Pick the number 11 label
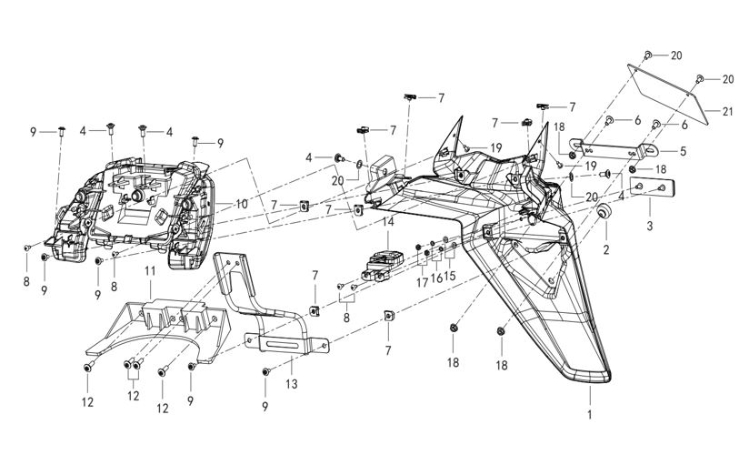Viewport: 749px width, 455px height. point(151,270)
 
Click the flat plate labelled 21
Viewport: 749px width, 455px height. point(668,95)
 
